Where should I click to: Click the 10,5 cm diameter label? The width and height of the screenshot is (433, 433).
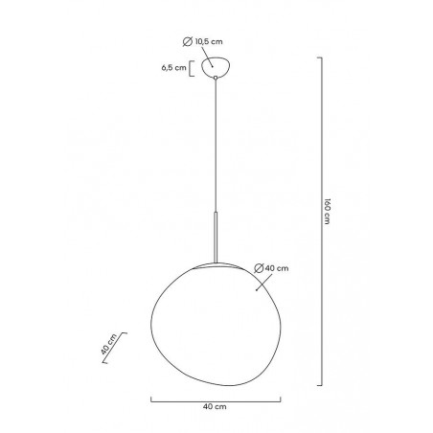pyautogui.click(x=209, y=41)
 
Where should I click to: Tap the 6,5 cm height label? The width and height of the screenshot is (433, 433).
pyautogui.click(x=173, y=68)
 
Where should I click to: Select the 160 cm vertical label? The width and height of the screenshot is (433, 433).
pyautogui.click(x=327, y=212)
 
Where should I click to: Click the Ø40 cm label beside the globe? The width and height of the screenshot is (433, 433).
pyautogui.click(x=271, y=268)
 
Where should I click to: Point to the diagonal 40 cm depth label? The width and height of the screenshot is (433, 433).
pyautogui.click(x=108, y=344)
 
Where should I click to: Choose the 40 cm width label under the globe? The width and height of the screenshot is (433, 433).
pyautogui.click(x=215, y=406)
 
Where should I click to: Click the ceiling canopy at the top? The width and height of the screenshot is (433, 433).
pyautogui.click(x=216, y=67)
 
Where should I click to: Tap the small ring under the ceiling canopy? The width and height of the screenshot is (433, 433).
pyautogui.click(x=216, y=78)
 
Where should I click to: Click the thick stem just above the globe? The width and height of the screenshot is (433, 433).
pyautogui.click(x=216, y=237)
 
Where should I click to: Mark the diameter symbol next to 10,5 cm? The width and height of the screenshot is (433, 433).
pyautogui.click(x=188, y=41)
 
